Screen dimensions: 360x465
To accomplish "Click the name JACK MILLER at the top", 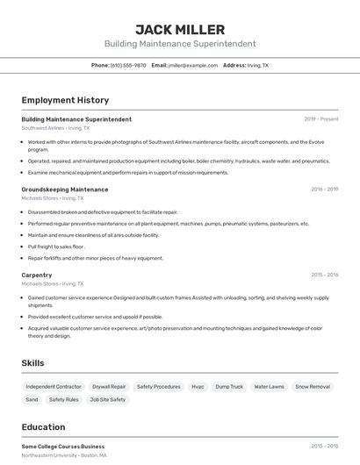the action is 180,30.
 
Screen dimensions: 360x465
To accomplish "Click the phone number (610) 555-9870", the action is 127,65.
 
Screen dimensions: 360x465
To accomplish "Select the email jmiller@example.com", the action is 192,65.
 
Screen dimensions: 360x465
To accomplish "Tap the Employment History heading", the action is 65,100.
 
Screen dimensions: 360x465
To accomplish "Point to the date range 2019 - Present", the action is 321,119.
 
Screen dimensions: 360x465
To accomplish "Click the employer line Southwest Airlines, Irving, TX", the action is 55,128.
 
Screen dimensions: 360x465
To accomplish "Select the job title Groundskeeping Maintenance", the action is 65,190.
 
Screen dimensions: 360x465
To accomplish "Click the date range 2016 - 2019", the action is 324,190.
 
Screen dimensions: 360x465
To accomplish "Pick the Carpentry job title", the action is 37,275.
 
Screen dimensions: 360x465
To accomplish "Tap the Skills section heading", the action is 33,362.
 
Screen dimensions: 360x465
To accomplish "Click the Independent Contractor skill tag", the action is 54,386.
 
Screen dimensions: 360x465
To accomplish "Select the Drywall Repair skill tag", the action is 109,386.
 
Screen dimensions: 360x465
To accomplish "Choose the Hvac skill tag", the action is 198,386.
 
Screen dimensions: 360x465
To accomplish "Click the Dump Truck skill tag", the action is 229,386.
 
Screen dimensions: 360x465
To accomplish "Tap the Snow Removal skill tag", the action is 313,386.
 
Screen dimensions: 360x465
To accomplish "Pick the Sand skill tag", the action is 32,399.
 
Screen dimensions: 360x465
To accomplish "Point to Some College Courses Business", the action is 62,447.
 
